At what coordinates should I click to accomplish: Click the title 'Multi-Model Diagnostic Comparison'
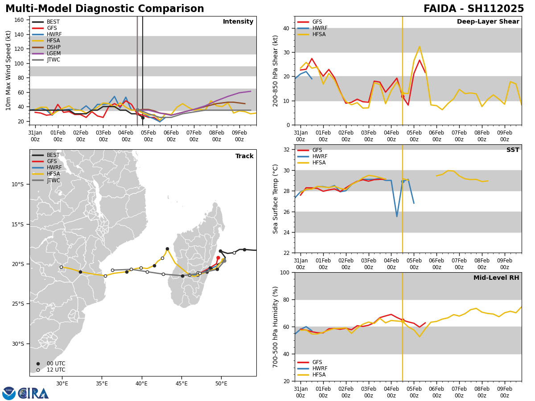click(105, 9)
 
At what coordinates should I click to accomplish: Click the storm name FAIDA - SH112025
click(473, 9)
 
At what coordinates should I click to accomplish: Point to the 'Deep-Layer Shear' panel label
click(488, 22)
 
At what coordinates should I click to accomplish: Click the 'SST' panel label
click(513, 150)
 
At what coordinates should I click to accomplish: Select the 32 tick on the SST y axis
click(287, 150)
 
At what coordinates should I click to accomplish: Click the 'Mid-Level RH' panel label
click(496, 278)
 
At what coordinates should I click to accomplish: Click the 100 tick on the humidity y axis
click(285, 273)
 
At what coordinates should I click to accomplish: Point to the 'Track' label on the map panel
click(244, 156)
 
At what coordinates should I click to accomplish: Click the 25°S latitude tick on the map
click(18, 304)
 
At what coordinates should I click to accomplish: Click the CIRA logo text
click(33, 393)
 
